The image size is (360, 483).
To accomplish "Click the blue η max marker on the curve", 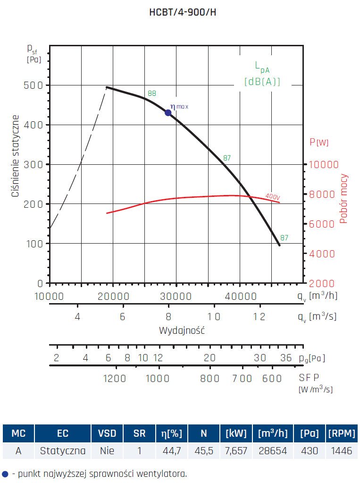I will [x=168, y=112].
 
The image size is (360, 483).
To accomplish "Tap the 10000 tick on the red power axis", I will [x=324, y=164].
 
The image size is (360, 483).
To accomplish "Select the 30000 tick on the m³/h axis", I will [x=176, y=296].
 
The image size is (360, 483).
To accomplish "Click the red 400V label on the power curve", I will [x=272, y=196].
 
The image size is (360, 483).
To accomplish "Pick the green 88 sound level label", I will [x=151, y=93].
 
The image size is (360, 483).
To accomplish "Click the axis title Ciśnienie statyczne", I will [x=16, y=156].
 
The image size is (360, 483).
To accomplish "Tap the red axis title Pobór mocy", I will [x=343, y=198].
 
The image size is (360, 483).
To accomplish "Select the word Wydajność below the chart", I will [x=182, y=330].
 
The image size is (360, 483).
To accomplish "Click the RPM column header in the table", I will [x=341, y=433].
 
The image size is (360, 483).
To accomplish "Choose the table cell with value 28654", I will [x=272, y=451].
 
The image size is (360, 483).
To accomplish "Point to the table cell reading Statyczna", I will [x=63, y=451].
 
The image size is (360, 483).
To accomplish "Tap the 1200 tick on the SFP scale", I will [x=115, y=378].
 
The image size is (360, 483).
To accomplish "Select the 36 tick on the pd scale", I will [x=286, y=357].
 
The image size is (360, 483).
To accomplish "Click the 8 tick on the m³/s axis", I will [x=168, y=316].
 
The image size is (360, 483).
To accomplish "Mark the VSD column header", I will [x=107, y=433].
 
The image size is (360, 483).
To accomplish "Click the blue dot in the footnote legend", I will [x=5, y=473].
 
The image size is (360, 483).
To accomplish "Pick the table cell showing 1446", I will [x=341, y=451].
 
